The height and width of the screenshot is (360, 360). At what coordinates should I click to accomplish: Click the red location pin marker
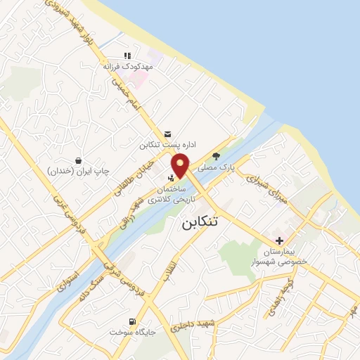(181, 165)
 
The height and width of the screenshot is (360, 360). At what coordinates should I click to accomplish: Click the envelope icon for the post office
(167, 134)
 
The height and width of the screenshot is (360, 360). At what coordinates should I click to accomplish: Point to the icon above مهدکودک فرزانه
(127, 55)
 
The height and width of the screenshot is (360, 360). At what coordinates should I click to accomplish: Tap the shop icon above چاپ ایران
(77, 160)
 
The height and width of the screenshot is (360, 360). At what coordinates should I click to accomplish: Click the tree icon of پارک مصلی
(216, 157)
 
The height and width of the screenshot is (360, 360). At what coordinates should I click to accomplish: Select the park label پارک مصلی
(215, 168)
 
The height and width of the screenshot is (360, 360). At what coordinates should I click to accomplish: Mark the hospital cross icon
(280, 240)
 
